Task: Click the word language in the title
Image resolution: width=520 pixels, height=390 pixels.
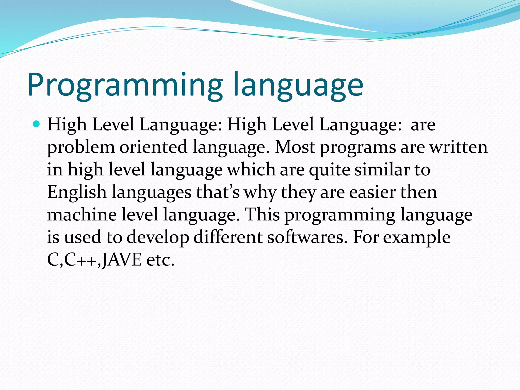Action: coord(298,85)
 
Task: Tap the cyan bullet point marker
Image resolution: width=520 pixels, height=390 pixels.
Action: coord(37,124)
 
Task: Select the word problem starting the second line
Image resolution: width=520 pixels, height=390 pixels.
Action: coord(81,148)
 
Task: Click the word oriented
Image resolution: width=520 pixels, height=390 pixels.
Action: coord(153,147)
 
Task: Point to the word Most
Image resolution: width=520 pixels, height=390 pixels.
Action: coord(295,147)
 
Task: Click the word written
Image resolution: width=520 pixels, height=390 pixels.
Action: coord(459,147)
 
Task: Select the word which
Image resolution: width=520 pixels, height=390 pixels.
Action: coord(251,170)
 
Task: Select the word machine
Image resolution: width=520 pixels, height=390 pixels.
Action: coord(82,215)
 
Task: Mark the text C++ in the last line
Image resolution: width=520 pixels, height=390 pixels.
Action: coord(81,260)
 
